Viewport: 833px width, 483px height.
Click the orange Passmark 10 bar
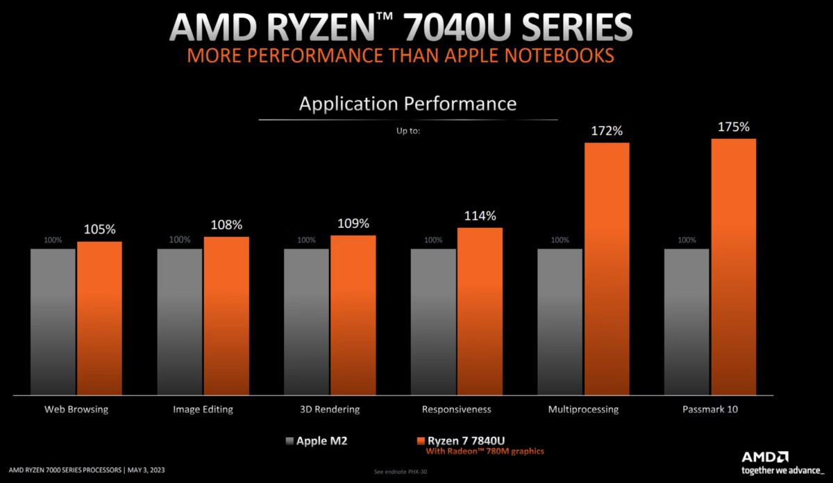tap(733, 267)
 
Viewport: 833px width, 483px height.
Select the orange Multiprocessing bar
tap(607, 269)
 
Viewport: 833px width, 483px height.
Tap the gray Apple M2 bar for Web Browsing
tap(53, 322)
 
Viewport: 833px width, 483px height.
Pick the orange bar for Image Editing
tap(226, 316)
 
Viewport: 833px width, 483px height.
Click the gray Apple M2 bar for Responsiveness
tap(433, 322)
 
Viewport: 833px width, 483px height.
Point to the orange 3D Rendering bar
tap(353, 316)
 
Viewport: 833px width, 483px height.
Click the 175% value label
tap(734, 127)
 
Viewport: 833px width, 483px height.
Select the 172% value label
tap(607, 131)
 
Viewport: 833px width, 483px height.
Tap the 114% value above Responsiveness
tap(480, 216)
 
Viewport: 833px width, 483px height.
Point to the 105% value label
tap(99, 229)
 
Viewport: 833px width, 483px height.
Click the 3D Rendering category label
tap(330, 409)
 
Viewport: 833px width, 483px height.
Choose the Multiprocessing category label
tap(583, 409)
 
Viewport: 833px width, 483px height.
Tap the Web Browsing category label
tap(76, 409)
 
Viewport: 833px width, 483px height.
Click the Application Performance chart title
tap(407, 104)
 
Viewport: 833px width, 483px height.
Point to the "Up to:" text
tap(407, 130)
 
